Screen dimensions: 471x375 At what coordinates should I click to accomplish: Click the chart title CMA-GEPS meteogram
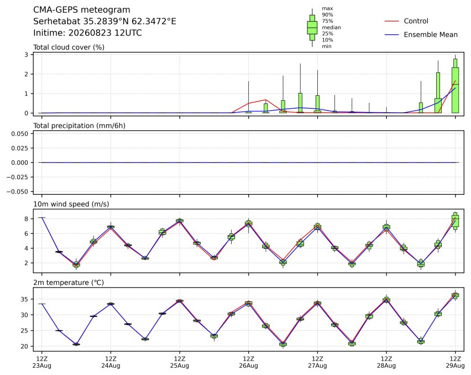coord(82,10)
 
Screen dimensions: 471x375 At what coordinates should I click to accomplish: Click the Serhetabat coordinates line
coord(104,22)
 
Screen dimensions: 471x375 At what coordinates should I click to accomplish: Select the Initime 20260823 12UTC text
coord(87,33)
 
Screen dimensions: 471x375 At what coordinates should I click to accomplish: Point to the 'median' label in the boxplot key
coord(331,27)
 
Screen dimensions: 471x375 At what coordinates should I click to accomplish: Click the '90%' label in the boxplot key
coord(327,15)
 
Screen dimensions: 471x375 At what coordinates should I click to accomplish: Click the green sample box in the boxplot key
coord(312,28)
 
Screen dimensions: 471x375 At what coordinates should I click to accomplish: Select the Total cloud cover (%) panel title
coord(69,47)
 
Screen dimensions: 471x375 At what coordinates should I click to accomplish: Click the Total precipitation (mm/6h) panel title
coord(79,126)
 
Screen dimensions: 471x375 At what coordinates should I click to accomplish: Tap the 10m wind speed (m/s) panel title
coord(71,204)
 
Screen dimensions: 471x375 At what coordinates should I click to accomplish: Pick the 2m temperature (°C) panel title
coord(69,283)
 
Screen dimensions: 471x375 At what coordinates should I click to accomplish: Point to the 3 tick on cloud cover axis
coord(27,55)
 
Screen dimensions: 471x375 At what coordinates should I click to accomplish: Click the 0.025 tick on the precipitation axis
coord(20,148)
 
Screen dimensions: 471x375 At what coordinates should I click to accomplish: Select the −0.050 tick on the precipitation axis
coord(18,191)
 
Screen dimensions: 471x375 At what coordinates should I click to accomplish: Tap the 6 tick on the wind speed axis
coord(27,233)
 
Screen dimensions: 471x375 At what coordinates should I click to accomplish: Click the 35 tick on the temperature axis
coord(24,299)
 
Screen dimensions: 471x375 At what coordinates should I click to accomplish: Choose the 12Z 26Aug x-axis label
coord(248,362)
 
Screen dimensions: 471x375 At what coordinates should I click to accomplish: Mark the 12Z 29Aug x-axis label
coord(455,362)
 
